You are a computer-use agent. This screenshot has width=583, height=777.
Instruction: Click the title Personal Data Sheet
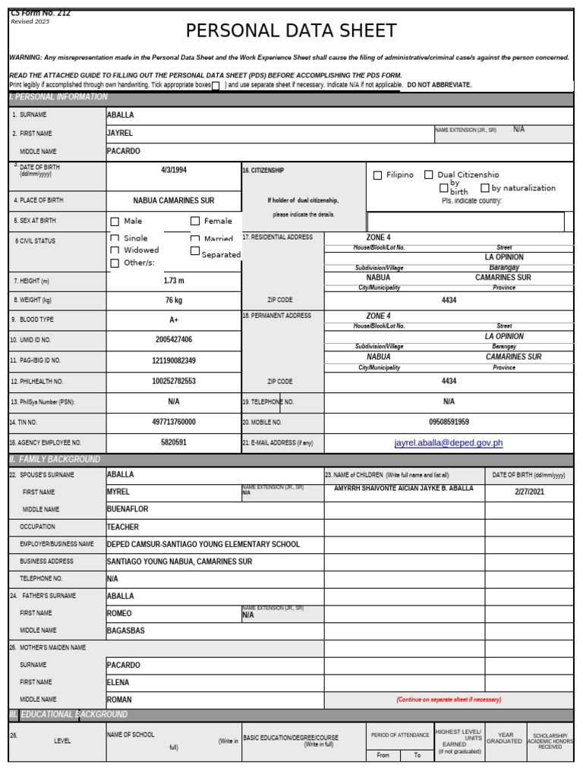(x=291, y=31)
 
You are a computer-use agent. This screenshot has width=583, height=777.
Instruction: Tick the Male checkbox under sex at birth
(x=115, y=222)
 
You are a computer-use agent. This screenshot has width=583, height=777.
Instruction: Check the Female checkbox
(x=195, y=222)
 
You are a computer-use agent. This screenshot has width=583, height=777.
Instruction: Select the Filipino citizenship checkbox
(x=378, y=175)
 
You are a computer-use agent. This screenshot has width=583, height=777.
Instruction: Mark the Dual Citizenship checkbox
(x=429, y=175)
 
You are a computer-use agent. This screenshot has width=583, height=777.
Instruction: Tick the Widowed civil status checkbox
(x=115, y=250)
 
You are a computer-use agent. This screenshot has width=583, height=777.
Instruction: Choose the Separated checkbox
(x=195, y=251)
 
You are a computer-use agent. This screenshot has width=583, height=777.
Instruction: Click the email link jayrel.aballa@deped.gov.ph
(x=449, y=443)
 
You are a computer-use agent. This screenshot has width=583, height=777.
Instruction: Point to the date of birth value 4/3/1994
(x=173, y=170)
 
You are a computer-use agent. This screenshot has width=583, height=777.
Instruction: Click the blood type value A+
(x=173, y=320)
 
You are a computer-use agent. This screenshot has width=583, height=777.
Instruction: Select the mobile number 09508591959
(x=449, y=422)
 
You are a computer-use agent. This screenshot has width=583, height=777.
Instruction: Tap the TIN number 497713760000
(x=173, y=422)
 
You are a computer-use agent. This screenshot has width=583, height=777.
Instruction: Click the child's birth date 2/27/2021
(x=529, y=492)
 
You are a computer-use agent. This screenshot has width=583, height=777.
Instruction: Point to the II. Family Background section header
(x=55, y=460)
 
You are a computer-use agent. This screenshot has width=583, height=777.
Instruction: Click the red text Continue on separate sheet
(x=449, y=700)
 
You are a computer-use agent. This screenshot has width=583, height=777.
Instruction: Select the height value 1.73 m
(x=173, y=281)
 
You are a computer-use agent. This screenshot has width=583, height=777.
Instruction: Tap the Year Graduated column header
(x=505, y=738)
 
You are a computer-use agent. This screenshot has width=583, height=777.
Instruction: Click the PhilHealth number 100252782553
(x=173, y=382)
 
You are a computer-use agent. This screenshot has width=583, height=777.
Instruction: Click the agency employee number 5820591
(x=173, y=442)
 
